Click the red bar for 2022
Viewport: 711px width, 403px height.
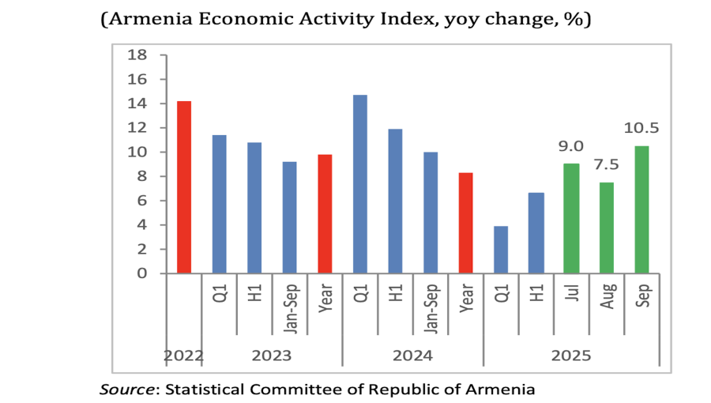coord(184,187)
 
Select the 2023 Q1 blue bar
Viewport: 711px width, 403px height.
coord(220,204)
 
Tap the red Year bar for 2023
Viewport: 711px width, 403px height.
coord(325,213)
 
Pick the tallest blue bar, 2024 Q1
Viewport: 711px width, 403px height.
coord(360,184)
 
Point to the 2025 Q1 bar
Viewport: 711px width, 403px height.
coord(501,250)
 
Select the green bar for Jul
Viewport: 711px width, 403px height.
coord(571,218)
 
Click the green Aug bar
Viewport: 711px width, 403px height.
coord(607,228)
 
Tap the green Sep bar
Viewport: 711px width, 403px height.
coord(641,209)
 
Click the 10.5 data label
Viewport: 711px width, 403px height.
coord(641,128)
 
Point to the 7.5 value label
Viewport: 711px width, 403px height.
coord(607,165)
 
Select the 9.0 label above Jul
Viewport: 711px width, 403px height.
coord(571,146)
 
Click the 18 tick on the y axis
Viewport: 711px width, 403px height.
coord(138,55)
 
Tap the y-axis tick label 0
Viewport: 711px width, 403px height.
coord(143,273)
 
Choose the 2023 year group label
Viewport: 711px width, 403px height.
coord(272,356)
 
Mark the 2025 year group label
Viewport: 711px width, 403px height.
coord(571,356)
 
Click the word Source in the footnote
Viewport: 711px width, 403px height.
coord(126,389)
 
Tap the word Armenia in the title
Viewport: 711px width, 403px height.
coord(156,20)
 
